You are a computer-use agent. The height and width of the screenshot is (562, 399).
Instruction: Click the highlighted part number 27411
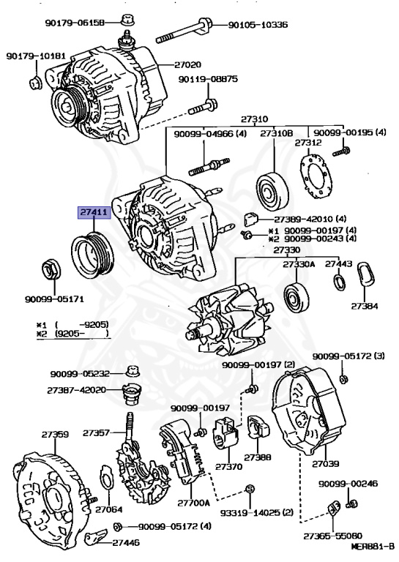(x=94, y=213)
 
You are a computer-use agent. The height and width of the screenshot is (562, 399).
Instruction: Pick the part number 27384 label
(x=364, y=304)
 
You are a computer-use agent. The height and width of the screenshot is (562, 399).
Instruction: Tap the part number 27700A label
(x=193, y=503)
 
